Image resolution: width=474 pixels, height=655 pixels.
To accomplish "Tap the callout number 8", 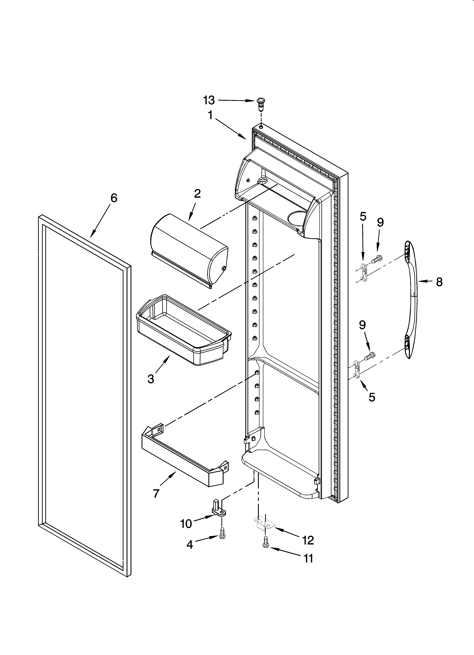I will point(439,282).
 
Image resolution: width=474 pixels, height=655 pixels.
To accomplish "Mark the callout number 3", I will point(151,379).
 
